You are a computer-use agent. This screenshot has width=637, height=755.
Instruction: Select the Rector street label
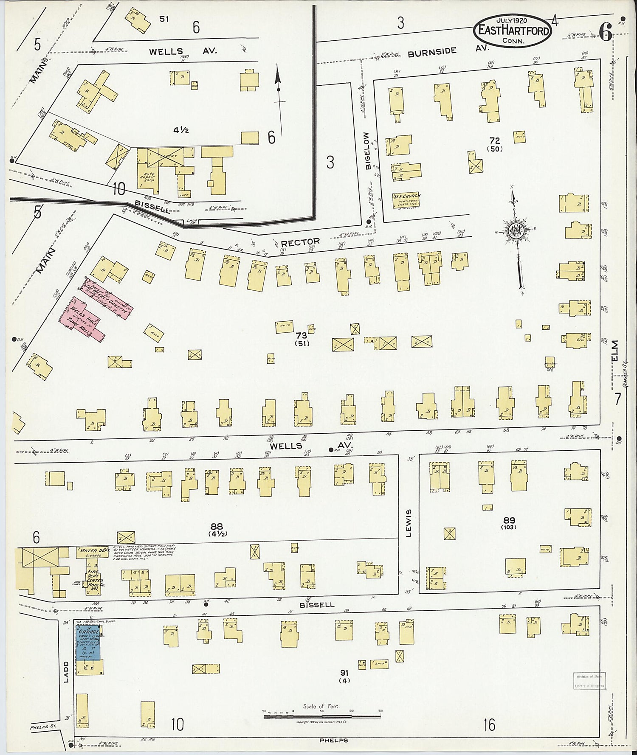[x=300, y=243]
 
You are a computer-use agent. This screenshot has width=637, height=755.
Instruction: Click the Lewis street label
[x=409, y=523]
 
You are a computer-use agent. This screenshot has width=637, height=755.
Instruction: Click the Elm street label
[x=616, y=351]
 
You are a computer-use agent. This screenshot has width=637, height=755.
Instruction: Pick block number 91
[x=344, y=673]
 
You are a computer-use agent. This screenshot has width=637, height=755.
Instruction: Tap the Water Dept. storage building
[x=93, y=552]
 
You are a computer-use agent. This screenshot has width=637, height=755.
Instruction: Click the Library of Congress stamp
[x=590, y=681]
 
